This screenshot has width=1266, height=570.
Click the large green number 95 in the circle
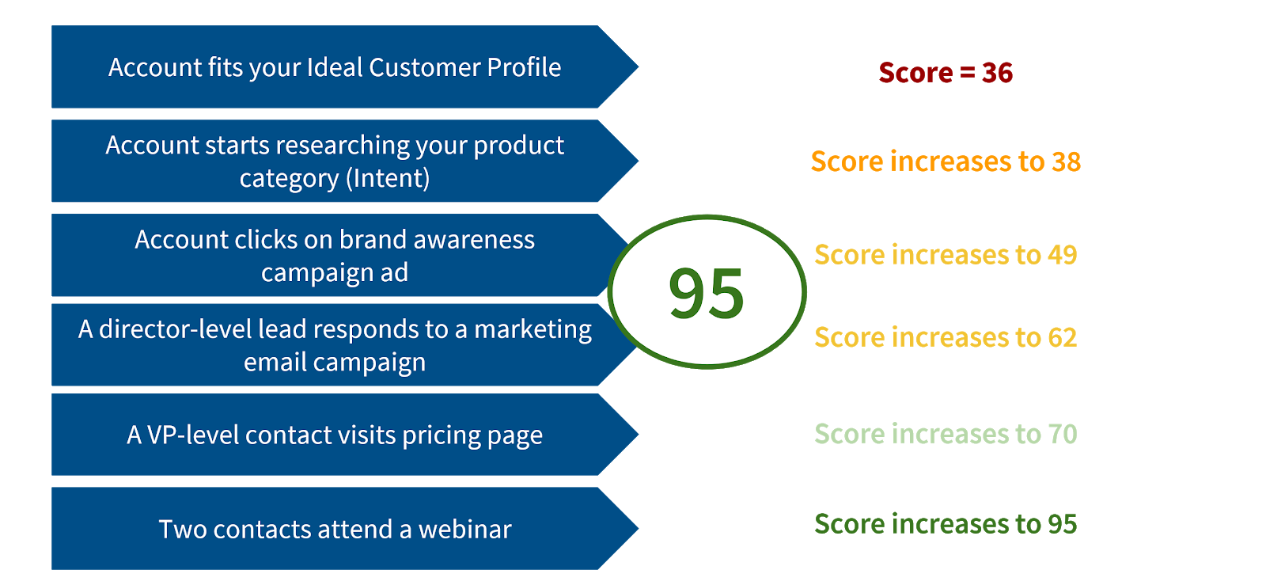click(x=707, y=293)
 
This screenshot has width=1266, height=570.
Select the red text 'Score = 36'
click(x=946, y=73)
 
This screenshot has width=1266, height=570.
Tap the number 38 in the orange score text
click(x=1066, y=161)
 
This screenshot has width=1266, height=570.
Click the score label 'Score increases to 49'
click(x=946, y=255)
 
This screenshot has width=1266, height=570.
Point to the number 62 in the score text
click(x=1062, y=338)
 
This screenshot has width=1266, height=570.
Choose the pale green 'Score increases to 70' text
click(x=946, y=434)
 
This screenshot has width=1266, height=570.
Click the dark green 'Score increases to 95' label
click(x=946, y=524)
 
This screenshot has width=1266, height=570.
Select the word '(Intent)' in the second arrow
click(x=388, y=179)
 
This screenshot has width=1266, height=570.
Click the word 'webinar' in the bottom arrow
click(x=464, y=529)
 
